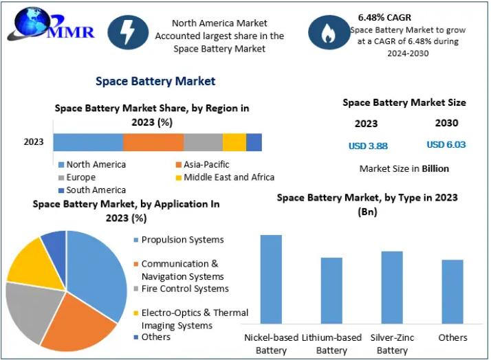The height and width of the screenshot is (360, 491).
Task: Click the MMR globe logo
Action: pos(29,26)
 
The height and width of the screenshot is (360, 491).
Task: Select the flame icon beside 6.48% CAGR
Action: pos(328,34)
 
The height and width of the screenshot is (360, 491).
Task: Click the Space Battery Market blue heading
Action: pos(155,81)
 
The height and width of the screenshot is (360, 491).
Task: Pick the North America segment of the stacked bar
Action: pos(88,142)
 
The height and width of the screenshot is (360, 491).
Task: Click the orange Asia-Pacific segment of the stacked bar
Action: pos(153,142)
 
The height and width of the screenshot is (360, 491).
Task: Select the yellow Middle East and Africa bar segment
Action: pos(234,142)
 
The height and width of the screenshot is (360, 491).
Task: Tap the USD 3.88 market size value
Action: pos(368,145)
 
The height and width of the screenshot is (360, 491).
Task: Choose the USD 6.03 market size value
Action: pos(446,144)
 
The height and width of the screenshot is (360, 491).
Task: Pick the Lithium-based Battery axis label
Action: pos(331,344)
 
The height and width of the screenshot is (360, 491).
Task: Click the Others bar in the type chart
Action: pos(452,291)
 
